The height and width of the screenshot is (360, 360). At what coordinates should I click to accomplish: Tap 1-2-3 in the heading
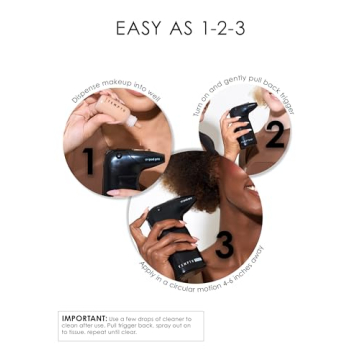tap(218, 28)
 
